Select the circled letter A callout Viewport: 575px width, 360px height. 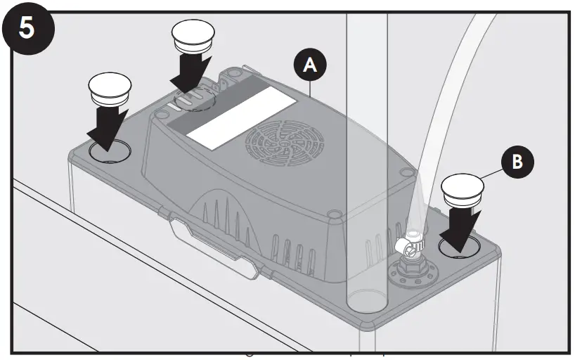tap(311, 66)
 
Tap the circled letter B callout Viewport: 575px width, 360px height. tap(517, 160)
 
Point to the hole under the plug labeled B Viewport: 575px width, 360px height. tap(458, 247)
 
